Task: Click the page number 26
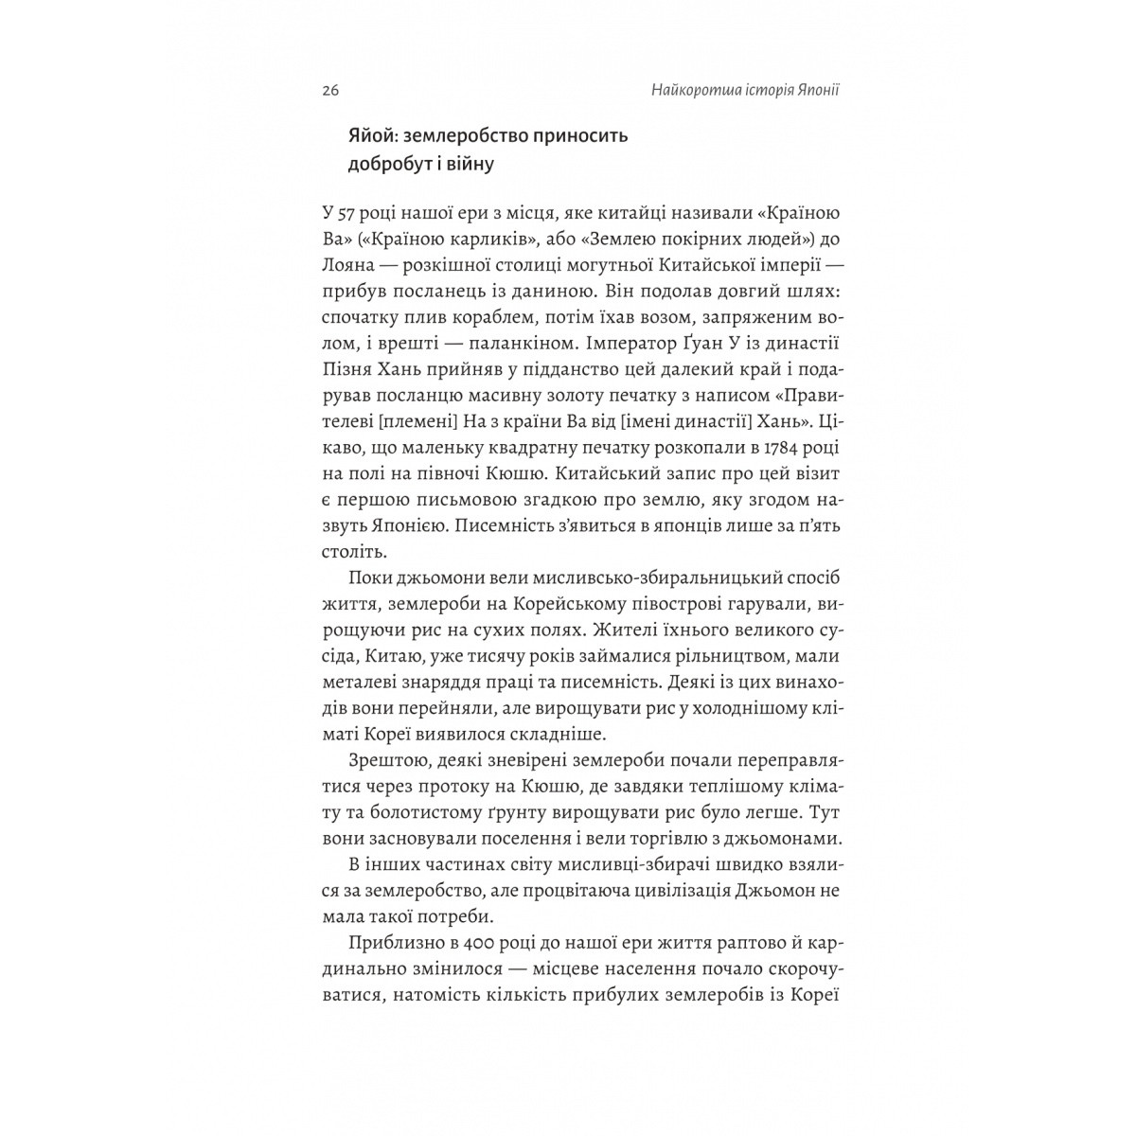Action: click(330, 92)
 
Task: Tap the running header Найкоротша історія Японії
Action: click(733, 92)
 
